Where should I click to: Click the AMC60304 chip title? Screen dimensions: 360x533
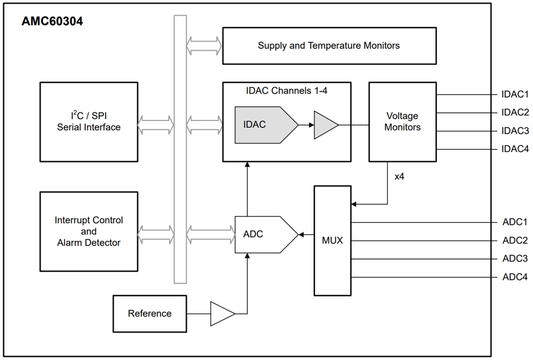(x=52, y=22)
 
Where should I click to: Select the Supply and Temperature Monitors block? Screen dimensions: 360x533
(x=329, y=46)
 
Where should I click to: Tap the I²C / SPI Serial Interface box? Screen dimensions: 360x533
(x=89, y=122)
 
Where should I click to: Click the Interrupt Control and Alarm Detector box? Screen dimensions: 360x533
(x=89, y=231)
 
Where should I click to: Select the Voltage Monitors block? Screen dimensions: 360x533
(x=402, y=122)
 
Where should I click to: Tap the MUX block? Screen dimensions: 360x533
(x=332, y=240)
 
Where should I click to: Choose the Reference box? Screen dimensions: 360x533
(x=150, y=313)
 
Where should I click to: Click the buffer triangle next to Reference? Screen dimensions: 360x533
(x=221, y=313)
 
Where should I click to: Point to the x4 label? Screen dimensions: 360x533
(x=399, y=176)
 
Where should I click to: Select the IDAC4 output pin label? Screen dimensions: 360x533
(x=515, y=149)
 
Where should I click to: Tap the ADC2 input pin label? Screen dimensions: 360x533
(x=515, y=240)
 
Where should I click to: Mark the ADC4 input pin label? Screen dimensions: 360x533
(x=515, y=277)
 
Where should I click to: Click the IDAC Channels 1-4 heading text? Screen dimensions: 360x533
(x=287, y=90)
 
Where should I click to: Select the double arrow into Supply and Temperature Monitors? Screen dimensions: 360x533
(x=204, y=46)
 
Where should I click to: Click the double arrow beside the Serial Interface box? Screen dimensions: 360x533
(x=155, y=125)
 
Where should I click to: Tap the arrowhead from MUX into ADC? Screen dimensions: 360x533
(x=301, y=235)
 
